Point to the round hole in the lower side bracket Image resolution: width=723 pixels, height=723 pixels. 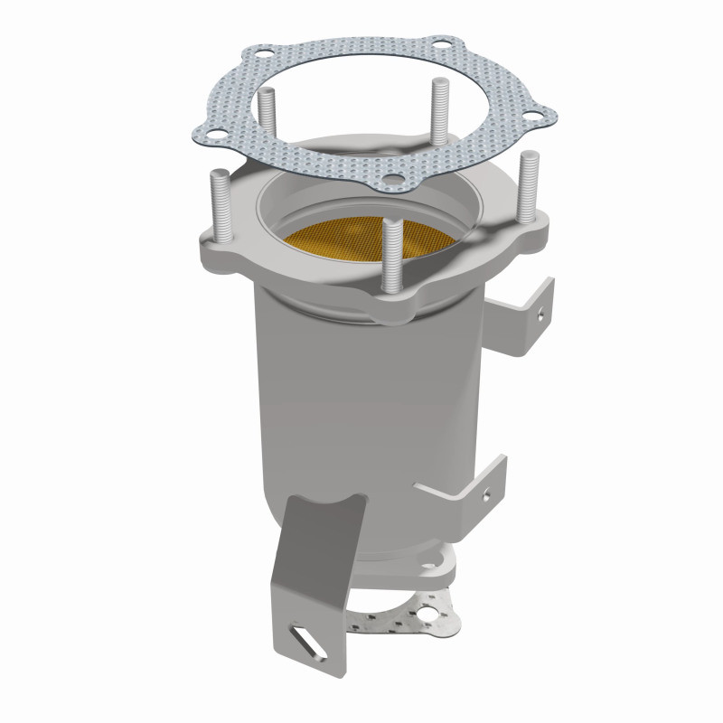[489, 494]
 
